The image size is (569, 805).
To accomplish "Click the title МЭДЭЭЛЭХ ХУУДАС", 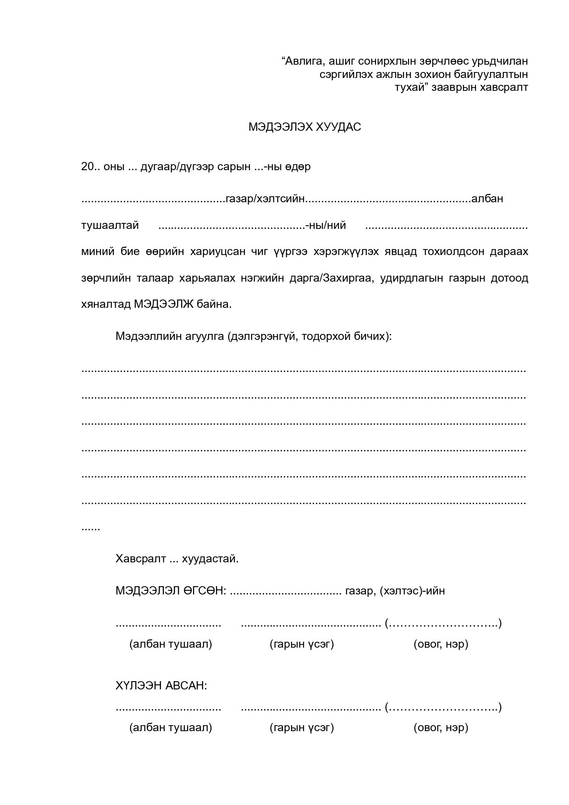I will (304, 127).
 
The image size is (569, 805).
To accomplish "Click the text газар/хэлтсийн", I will (265, 199).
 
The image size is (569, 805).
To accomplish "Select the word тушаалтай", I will (110, 226).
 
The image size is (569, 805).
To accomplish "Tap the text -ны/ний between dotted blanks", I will (326, 226).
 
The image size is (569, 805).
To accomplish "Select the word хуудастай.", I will (210, 559).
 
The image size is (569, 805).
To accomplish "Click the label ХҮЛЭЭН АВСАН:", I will (161, 686).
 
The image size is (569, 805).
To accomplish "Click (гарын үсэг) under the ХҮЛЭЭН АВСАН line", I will (302, 727).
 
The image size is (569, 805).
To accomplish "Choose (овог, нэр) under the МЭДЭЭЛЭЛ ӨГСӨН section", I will (441, 644).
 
